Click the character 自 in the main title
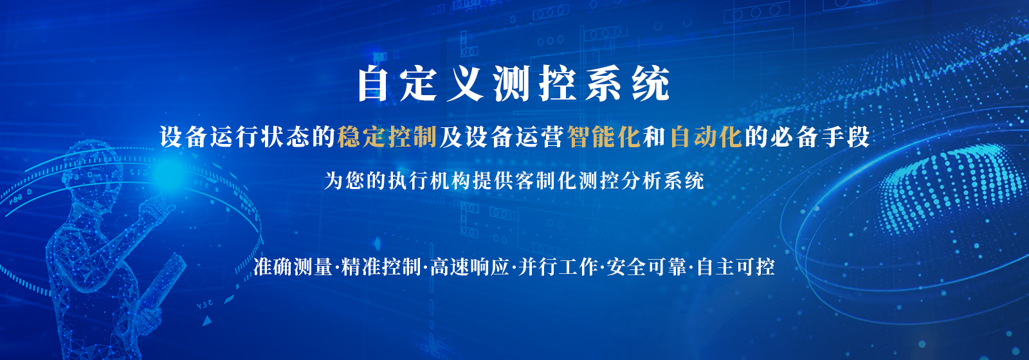click(373, 84)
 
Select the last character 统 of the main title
click(650, 84)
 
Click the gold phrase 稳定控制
click(387, 137)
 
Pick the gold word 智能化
click(604, 137)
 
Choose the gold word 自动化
click(706, 137)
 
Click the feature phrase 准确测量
click(293, 267)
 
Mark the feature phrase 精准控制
click(381, 267)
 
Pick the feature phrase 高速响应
click(469, 267)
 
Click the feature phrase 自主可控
click(736, 267)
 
